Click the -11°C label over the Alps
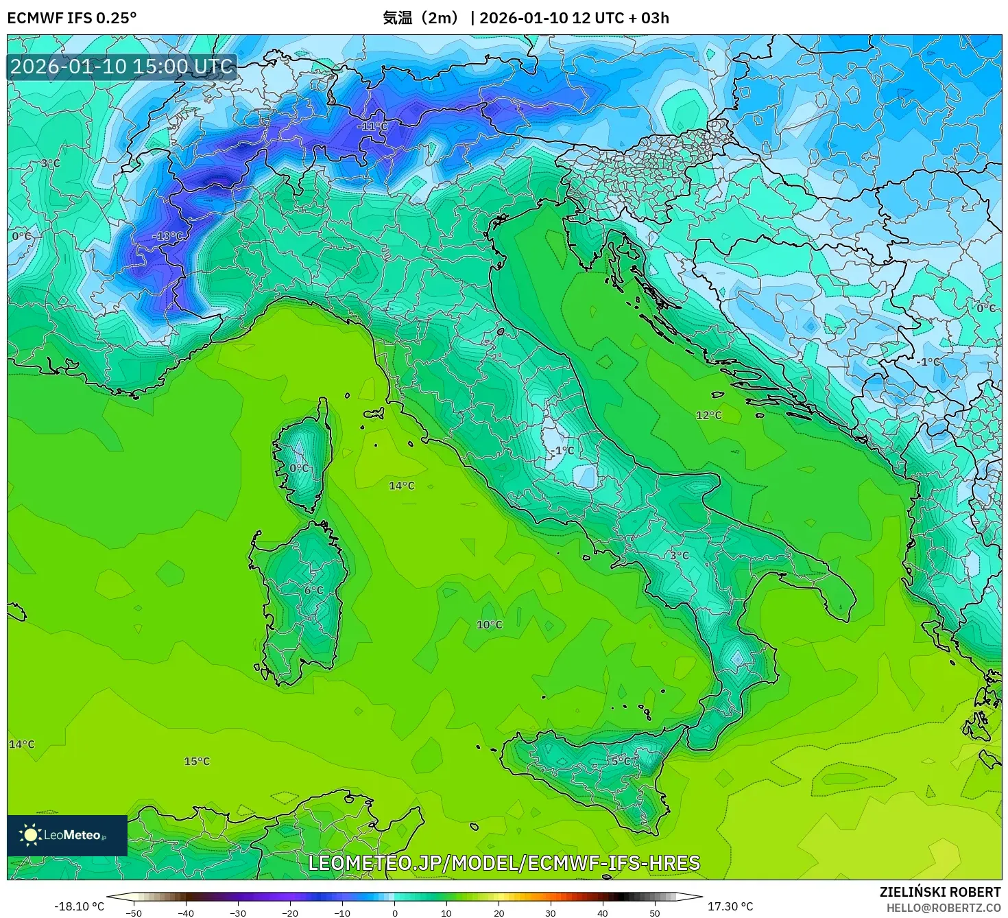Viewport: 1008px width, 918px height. pyautogui.click(x=372, y=127)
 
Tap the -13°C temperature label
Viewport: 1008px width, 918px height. pyautogui.click(x=167, y=236)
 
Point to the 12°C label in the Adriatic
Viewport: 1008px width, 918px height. pyautogui.click(x=708, y=415)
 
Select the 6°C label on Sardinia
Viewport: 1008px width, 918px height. pyautogui.click(x=313, y=590)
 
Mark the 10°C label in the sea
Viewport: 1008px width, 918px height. pyautogui.click(x=489, y=624)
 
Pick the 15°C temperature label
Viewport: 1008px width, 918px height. pyautogui.click(x=197, y=761)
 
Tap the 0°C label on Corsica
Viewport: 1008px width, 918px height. pyautogui.click(x=299, y=468)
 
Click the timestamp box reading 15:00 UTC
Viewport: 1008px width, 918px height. pyautogui.click(x=122, y=67)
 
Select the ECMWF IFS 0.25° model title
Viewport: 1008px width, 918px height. pyautogui.click(x=72, y=18)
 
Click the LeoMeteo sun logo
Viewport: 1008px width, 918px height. pyautogui.click(x=30, y=835)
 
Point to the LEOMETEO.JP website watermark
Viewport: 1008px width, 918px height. pyautogui.click(x=504, y=862)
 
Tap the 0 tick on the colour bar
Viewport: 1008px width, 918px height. pyautogui.click(x=394, y=913)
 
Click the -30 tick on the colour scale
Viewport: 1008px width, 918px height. pyautogui.click(x=237, y=913)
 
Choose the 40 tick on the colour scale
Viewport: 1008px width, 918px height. pyautogui.click(x=603, y=913)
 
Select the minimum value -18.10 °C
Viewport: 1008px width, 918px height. pyautogui.click(x=79, y=906)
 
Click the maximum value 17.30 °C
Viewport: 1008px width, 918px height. pyautogui.click(x=730, y=906)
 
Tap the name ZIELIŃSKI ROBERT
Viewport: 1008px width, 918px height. pyautogui.click(x=940, y=892)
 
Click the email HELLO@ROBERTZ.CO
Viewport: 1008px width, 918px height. pyautogui.click(x=943, y=908)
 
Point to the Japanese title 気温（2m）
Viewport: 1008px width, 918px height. pyautogui.click(x=422, y=18)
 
